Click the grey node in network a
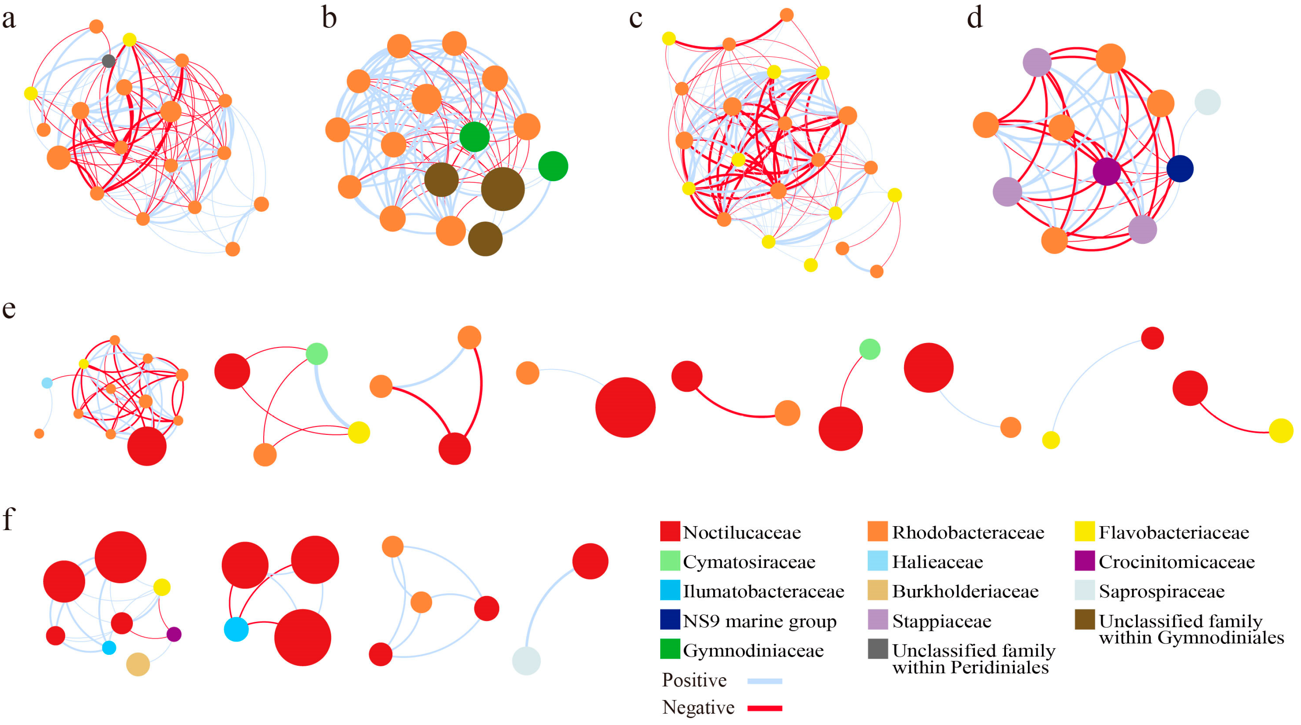(x=108, y=61)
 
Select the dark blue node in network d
(x=1180, y=169)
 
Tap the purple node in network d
(x=1107, y=172)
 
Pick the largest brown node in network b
(x=502, y=189)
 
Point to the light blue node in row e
(x=47, y=383)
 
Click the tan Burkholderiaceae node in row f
(x=138, y=664)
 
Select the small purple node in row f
(x=174, y=634)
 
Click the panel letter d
(x=975, y=18)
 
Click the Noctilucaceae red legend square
(x=670, y=532)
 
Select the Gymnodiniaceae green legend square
(x=670, y=649)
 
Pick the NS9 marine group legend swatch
(x=670, y=620)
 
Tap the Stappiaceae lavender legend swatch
(x=878, y=620)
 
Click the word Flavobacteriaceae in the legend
(x=1174, y=532)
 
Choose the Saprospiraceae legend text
(x=1161, y=591)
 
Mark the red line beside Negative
(x=765, y=708)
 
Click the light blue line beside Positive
(x=765, y=681)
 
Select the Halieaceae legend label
(x=937, y=562)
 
